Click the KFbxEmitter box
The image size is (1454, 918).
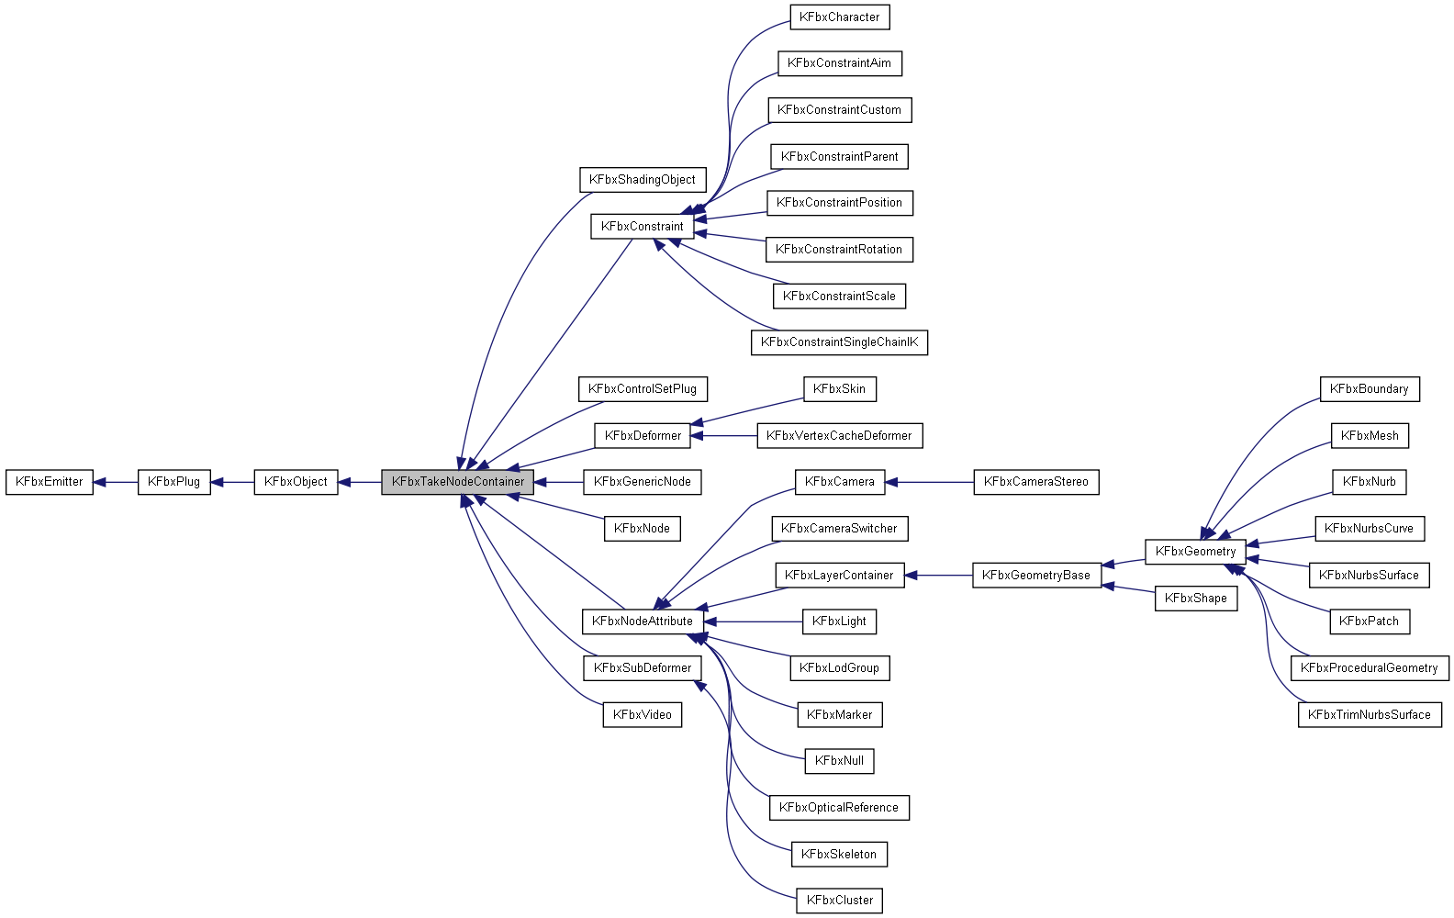[50, 482]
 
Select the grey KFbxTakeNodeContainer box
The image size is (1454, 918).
[457, 482]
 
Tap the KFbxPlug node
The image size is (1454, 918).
[173, 482]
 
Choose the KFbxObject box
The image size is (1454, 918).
[296, 482]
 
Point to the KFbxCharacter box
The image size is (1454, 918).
[839, 17]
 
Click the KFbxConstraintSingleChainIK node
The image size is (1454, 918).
[839, 342]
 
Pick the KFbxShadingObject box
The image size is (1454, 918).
[642, 180]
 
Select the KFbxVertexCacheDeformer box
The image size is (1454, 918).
[839, 436]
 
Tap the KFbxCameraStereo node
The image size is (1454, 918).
[1035, 482]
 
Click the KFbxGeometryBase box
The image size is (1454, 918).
[1035, 576]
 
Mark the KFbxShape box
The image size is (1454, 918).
[1195, 599]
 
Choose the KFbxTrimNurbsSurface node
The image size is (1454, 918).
[1369, 715]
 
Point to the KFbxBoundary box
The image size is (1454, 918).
[1369, 389]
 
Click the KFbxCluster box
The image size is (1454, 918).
[839, 901]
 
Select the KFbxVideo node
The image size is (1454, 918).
[642, 715]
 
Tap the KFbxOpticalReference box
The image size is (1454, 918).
[839, 808]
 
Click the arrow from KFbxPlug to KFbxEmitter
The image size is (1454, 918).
[116, 482]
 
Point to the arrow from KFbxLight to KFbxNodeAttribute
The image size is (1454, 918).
[753, 621]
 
